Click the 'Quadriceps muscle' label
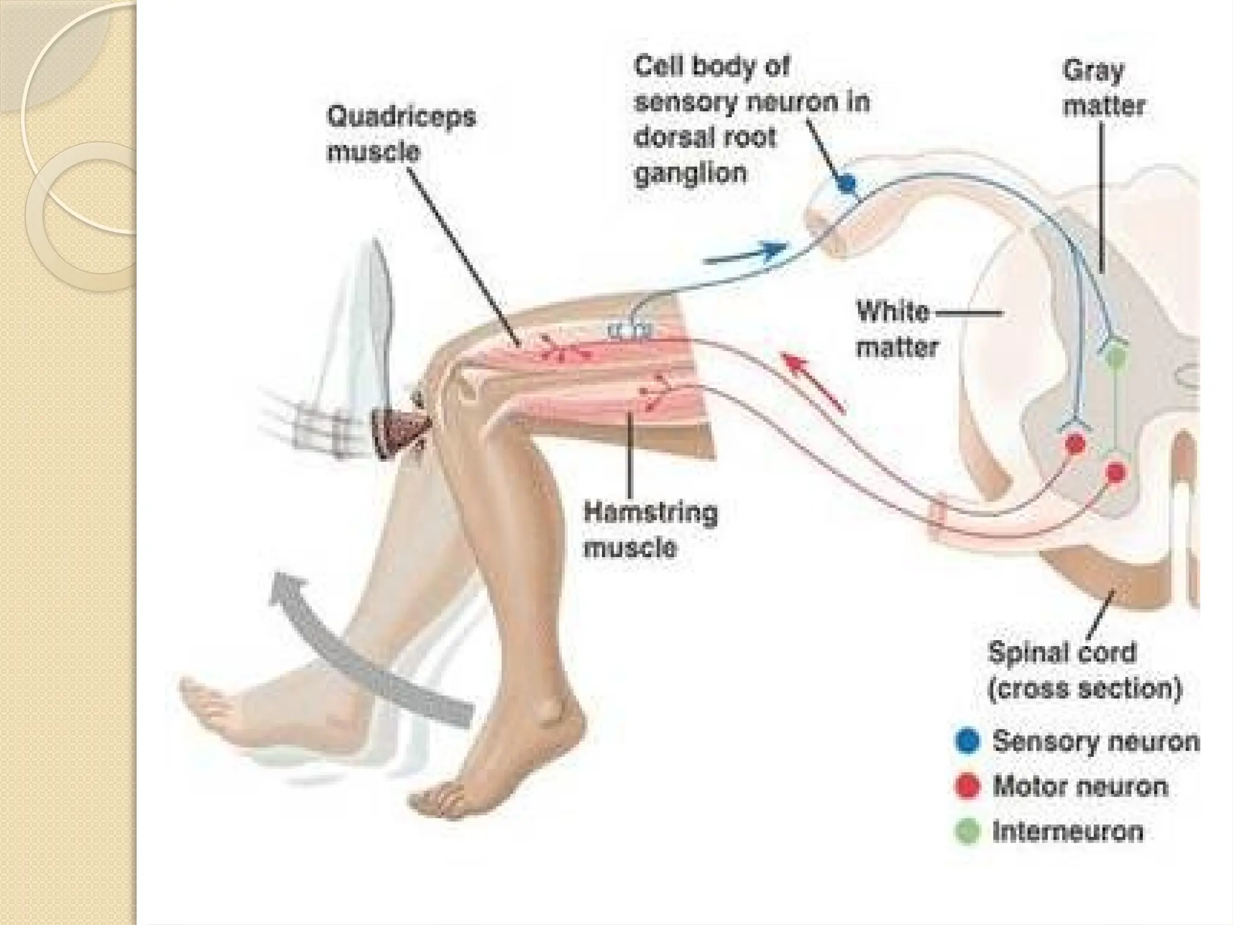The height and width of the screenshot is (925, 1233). pyautogui.click(x=401, y=134)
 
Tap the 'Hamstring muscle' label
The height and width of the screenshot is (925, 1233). pyautogui.click(x=650, y=531)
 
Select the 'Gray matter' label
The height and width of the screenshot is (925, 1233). pyautogui.click(x=1103, y=89)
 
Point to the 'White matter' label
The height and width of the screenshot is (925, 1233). pyautogui.click(x=897, y=329)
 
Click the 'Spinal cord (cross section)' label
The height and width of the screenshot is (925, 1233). pyautogui.click(x=1084, y=670)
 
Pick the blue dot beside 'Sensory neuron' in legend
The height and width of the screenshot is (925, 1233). pyautogui.click(x=967, y=741)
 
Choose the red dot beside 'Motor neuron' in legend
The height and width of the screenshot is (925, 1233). pyautogui.click(x=967, y=786)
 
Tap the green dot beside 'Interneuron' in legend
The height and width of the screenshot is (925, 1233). pyautogui.click(x=967, y=832)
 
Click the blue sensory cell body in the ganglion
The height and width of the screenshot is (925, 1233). pyautogui.click(x=846, y=182)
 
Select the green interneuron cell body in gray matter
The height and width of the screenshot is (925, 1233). pyautogui.click(x=1115, y=355)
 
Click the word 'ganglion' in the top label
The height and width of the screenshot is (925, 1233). pyautogui.click(x=691, y=173)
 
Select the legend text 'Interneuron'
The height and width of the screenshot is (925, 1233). pyautogui.click(x=1067, y=832)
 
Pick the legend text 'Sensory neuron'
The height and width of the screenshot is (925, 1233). pyautogui.click(x=1095, y=741)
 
